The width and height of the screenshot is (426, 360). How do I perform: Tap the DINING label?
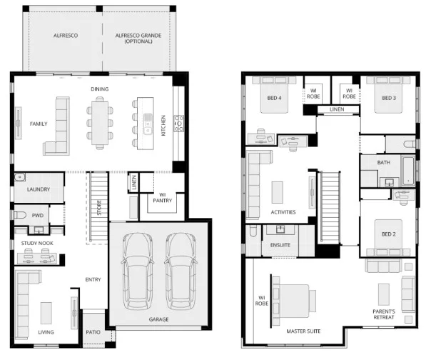pyautogui.click(x=99, y=89)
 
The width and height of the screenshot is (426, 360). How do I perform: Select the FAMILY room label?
pyautogui.click(x=39, y=124)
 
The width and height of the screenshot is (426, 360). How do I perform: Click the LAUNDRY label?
pyautogui.click(x=38, y=189)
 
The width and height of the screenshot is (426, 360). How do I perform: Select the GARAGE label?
pyautogui.click(x=158, y=319)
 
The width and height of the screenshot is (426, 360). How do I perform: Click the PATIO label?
pyautogui.click(x=92, y=331)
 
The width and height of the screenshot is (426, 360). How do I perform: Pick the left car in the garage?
pyautogui.click(x=136, y=268)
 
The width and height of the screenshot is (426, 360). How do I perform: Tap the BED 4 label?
pyautogui.click(x=273, y=98)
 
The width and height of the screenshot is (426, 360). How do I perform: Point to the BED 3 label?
pyautogui.click(x=388, y=98)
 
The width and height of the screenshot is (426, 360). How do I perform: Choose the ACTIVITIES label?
pyautogui.click(x=283, y=212)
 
